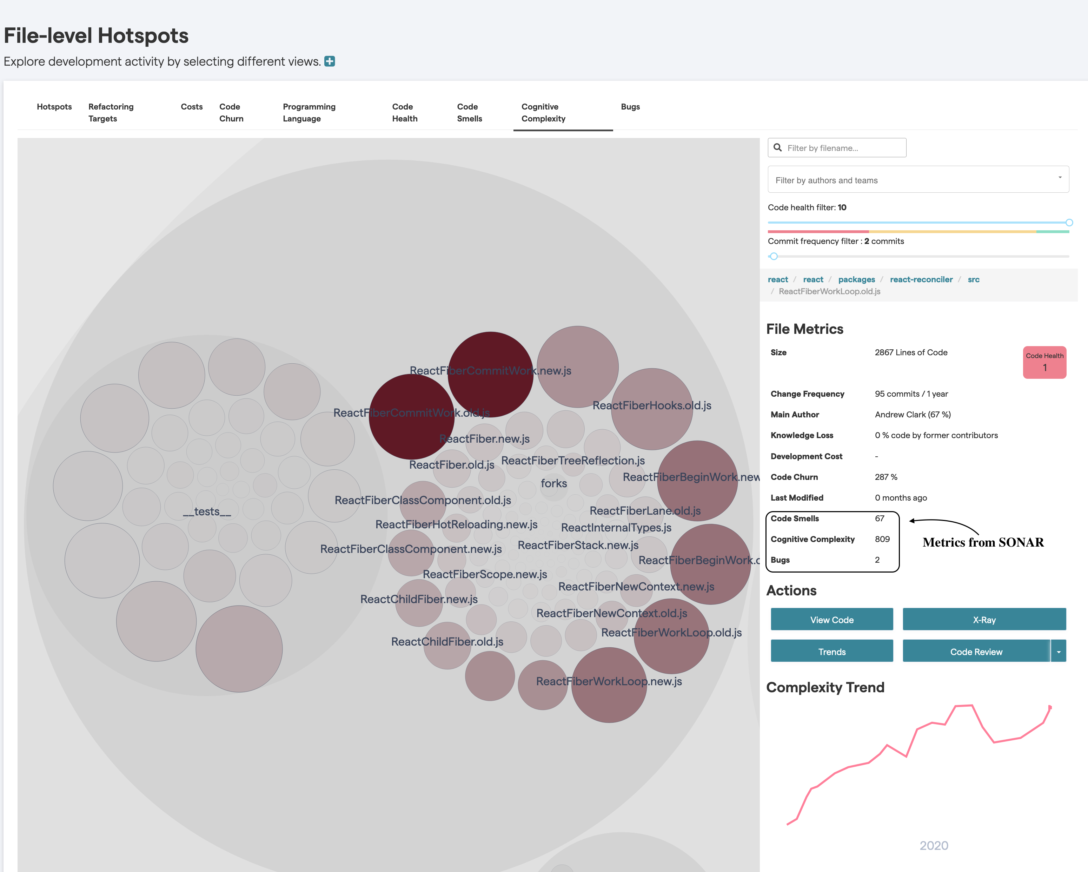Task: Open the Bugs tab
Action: (x=630, y=106)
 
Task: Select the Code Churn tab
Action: (x=231, y=113)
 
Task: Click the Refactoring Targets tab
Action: (x=111, y=113)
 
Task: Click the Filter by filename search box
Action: (x=843, y=148)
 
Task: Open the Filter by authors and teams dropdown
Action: (x=917, y=180)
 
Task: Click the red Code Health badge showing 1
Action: (x=1044, y=362)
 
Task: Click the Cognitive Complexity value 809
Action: (x=882, y=539)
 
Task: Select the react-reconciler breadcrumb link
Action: (x=921, y=279)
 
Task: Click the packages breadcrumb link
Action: (x=856, y=279)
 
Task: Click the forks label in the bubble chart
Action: (x=553, y=483)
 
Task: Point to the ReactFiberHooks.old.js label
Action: (x=651, y=405)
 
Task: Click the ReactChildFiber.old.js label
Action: (x=447, y=641)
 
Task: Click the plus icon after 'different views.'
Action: (x=330, y=61)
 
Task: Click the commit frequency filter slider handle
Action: (x=774, y=256)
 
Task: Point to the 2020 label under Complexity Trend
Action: (x=933, y=845)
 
